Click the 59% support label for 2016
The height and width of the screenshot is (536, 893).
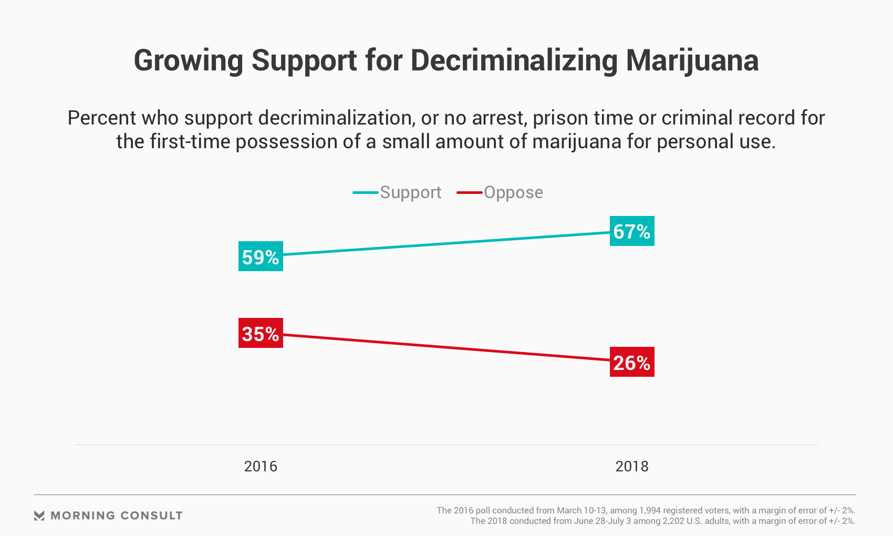[x=261, y=256]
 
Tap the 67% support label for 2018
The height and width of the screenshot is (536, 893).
[x=632, y=231]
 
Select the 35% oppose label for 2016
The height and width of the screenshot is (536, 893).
[x=261, y=333]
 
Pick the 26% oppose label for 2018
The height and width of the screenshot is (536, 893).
[x=632, y=362]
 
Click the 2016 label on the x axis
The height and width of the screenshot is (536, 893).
[x=261, y=466]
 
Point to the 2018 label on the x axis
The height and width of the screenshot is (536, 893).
[x=632, y=466]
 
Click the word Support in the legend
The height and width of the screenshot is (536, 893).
[x=410, y=192]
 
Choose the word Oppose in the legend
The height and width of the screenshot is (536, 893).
[x=513, y=192]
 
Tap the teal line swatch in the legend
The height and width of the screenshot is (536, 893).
[x=366, y=192]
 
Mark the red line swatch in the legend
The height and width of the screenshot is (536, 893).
[x=470, y=192]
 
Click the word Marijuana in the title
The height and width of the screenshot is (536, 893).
[x=692, y=60]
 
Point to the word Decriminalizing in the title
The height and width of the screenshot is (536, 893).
[x=514, y=60]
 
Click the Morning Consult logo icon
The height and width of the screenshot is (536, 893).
[x=39, y=516]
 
